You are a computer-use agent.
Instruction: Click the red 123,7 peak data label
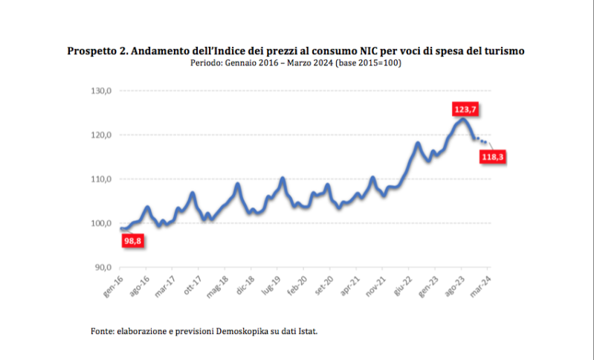465,109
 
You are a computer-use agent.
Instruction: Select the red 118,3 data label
494,158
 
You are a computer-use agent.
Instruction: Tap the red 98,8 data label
133,240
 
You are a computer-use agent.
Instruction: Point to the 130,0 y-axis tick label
100,91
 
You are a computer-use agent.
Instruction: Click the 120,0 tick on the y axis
100,135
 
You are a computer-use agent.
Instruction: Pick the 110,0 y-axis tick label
100,179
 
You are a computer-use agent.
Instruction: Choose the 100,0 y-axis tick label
100,223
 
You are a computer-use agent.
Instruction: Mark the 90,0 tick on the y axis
102,267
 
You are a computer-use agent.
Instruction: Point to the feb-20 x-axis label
297,286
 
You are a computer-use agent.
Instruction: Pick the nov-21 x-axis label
375,287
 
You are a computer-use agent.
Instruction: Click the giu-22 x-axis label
402,286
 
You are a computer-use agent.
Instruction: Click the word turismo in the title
503,51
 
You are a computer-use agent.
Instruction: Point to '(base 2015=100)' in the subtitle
369,62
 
